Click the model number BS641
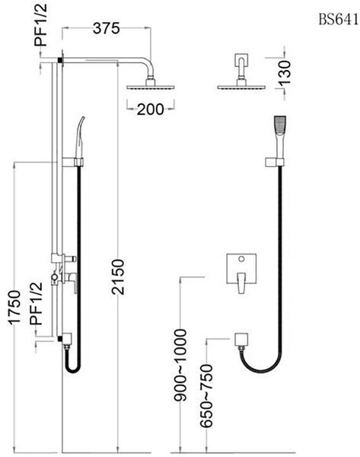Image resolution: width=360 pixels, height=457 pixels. [336, 19]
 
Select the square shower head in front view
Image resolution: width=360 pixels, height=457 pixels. [241, 86]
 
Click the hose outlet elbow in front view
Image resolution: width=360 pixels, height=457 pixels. [243, 340]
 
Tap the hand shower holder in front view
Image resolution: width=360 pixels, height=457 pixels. [272, 161]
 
